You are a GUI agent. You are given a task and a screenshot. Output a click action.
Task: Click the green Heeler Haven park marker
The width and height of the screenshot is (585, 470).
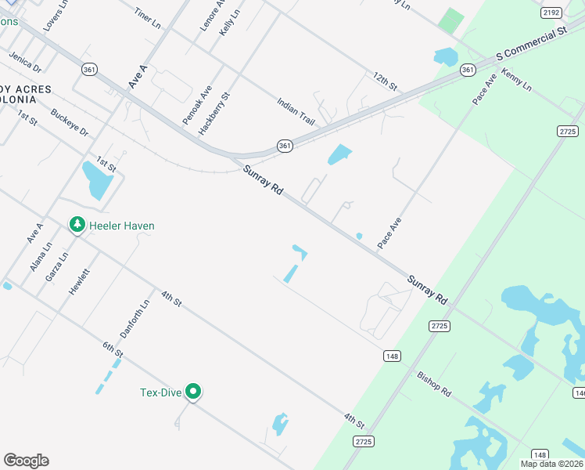tap(77, 226)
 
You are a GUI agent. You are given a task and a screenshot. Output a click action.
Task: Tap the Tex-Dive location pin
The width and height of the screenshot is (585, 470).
tap(194, 392)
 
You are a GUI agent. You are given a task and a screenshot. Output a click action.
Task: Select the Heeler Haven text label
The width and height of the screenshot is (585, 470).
tap(121, 226)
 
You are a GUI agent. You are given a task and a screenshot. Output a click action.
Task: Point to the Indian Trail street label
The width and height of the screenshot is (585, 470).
tap(295, 111)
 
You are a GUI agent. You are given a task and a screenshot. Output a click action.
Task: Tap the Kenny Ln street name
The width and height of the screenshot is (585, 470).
tap(516, 78)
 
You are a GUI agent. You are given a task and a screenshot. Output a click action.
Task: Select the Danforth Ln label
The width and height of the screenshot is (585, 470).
tap(135, 319)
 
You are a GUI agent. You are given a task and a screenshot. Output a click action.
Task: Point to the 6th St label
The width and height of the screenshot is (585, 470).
tap(113, 350)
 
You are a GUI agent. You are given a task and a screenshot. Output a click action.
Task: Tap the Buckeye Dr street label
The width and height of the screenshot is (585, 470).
tap(70, 123)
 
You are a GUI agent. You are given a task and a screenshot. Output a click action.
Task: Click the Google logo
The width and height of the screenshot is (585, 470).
tap(26, 461)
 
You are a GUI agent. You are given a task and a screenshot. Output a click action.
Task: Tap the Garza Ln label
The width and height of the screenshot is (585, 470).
tap(57, 266)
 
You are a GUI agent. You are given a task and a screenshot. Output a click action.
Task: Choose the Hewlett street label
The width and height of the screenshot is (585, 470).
tap(79, 281)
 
